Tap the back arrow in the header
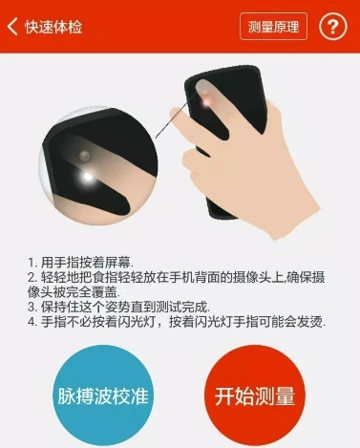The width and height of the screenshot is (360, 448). coord(12,27)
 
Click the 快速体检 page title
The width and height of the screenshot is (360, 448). coord(53,27)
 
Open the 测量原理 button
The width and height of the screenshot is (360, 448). coord(273,27)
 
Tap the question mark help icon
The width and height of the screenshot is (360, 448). coord(332,27)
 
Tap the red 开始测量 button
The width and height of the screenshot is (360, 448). coord(255,395)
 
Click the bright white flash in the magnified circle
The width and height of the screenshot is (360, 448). coord(87,176)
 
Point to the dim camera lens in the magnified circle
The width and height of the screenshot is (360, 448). coord(84,156)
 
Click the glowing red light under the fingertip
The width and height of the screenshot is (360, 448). coord(207,101)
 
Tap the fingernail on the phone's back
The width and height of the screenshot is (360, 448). coord(201,86)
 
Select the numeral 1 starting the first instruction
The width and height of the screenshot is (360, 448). coord(31,263)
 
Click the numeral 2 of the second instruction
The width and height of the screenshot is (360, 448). coord(32,278)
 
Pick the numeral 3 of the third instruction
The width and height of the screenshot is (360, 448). coord(32,307)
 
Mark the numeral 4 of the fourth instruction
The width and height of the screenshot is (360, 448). coord(32,322)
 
